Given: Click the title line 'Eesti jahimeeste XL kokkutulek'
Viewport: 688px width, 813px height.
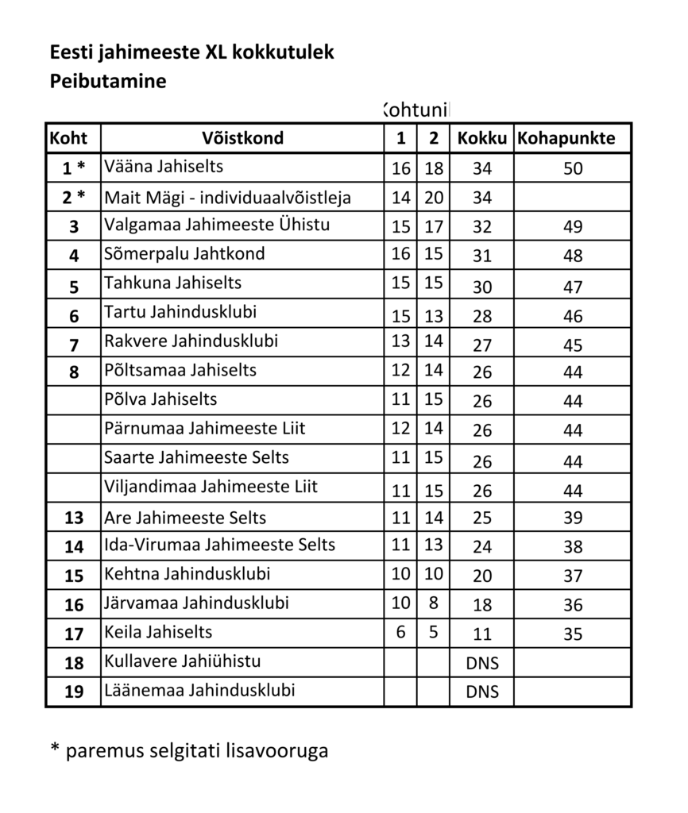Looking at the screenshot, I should coord(191,53).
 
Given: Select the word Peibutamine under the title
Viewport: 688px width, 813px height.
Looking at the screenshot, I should coord(108,81).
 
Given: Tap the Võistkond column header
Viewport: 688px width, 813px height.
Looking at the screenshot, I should coord(242,138).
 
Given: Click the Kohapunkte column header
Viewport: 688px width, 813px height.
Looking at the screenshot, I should coord(566,138).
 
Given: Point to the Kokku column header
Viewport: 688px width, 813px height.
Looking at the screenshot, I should coord(481,138).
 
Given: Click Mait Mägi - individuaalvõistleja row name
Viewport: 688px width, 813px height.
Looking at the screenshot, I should coord(227,196).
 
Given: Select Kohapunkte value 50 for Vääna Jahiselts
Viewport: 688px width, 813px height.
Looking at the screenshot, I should coord(572,168).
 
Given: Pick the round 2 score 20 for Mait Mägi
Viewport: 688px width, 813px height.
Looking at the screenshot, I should coord(433,196).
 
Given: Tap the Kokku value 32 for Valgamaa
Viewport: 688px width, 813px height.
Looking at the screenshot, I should coord(482,227).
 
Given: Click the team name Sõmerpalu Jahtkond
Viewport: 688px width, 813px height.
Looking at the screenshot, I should coord(184,254).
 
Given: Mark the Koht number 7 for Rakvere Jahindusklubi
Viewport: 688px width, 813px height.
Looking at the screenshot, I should coord(74,345).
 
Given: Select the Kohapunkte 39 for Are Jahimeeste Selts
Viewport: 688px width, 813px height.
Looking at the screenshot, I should coord(572,518).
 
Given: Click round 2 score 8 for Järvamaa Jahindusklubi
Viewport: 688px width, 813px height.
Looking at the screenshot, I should coord(433,603).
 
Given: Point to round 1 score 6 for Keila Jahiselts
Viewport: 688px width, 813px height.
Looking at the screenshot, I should coord(401,632).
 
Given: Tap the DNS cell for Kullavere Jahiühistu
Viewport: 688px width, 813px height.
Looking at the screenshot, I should coord(482,663).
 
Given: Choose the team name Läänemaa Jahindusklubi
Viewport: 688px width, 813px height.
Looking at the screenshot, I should coord(199,690).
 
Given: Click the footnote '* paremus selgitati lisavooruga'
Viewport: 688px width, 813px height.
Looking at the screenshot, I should coord(188,750).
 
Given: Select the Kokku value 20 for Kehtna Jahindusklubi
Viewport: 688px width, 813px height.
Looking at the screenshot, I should coord(482,576).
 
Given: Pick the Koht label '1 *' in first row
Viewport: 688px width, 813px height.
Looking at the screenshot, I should coord(74,168).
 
